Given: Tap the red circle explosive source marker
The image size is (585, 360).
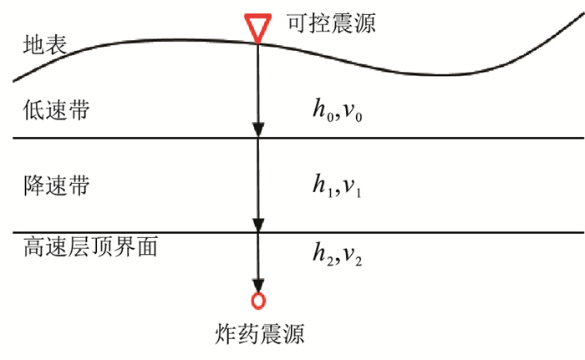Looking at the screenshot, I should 258,300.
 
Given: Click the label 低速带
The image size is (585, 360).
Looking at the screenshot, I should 52,111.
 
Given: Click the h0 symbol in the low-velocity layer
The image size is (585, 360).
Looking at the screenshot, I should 318,112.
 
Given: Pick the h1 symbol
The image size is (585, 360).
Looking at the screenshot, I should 318,189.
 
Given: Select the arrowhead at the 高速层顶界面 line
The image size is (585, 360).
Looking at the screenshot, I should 258,225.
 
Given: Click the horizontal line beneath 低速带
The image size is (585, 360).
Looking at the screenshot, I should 418,138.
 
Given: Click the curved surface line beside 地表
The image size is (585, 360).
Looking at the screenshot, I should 167,39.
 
